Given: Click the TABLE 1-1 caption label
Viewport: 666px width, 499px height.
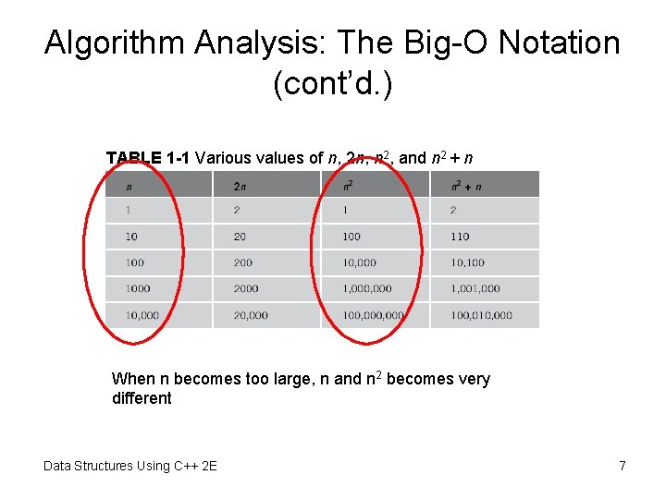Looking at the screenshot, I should (x=149, y=158).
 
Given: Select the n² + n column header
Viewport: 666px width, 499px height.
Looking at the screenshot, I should (x=466, y=187).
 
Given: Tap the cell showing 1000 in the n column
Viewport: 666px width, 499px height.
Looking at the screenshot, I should (x=138, y=288).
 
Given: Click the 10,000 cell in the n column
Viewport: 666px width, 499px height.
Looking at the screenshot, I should (x=142, y=315).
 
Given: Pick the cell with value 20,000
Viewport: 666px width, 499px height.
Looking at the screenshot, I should (x=251, y=315).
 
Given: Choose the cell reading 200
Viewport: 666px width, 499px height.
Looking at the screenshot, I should (x=244, y=262).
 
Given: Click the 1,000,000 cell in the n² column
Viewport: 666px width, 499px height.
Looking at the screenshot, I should (x=367, y=288).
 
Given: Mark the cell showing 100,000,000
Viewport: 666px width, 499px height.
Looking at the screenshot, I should (x=373, y=315).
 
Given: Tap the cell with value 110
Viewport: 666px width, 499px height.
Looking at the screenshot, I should (x=461, y=237).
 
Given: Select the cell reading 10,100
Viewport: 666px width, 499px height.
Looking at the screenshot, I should (x=468, y=262).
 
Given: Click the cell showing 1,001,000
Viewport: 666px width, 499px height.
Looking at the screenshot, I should (x=475, y=288).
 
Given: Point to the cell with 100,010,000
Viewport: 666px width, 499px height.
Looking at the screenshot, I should (x=481, y=315).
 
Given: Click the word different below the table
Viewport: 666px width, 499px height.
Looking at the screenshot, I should (x=142, y=398).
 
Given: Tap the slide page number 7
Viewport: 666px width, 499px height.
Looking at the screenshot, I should (x=623, y=466).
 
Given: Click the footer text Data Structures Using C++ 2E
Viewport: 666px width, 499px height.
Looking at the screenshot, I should (x=130, y=466).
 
